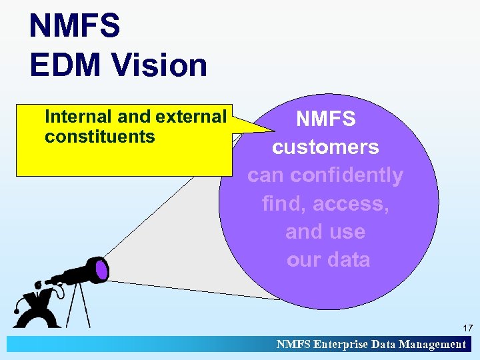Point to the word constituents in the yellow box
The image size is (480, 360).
[99, 137]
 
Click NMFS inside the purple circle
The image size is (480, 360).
[326, 119]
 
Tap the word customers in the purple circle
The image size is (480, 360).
[325, 147]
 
